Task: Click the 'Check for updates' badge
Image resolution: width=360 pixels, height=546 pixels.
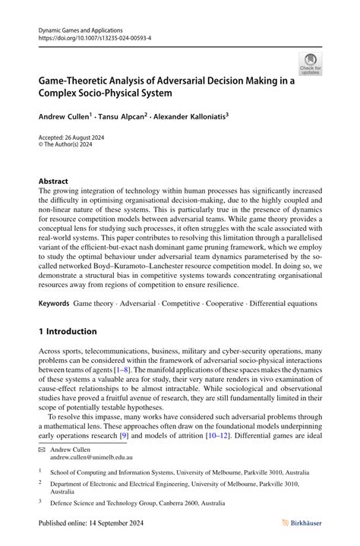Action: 310,64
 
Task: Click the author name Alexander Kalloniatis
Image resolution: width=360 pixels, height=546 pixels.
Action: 189,118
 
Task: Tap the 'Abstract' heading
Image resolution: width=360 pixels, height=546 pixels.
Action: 53,181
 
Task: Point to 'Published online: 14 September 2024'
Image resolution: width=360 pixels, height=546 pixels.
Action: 90,522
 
